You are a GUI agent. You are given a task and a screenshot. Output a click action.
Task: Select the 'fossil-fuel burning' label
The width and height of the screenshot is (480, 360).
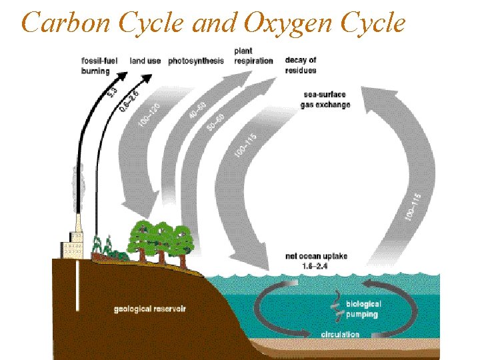[x=99, y=66]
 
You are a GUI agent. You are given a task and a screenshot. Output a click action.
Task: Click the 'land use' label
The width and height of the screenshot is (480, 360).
[x=145, y=61]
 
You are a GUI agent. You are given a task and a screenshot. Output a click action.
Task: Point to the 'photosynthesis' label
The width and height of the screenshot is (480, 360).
[x=196, y=61]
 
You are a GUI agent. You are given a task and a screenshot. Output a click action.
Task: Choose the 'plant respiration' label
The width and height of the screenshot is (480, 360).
[x=253, y=56]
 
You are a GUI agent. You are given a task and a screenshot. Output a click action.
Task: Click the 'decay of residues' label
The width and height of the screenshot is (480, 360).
[x=301, y=65]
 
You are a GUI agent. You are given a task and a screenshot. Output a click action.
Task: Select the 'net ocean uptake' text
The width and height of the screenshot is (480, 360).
[x=316, y=256]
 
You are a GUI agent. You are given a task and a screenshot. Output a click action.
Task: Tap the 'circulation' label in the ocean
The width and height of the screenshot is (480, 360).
[x=340, y=334]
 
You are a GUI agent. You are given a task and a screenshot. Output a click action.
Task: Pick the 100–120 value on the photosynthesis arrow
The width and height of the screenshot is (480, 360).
[x=149, y=112]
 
